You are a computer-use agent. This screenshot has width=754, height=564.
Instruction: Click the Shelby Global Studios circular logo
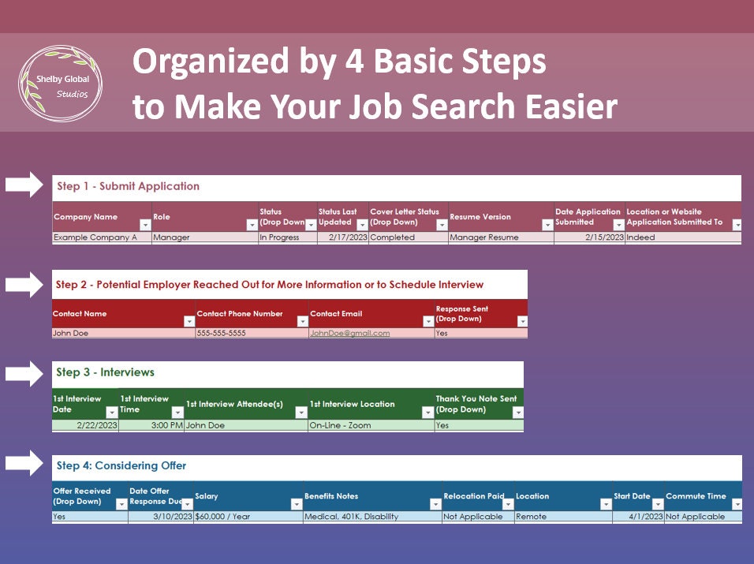[x=60, y=84]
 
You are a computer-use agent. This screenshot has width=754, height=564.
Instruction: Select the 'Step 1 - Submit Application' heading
[x=128, y=187]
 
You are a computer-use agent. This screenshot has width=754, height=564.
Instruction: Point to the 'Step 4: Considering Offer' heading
[x=121, y=466]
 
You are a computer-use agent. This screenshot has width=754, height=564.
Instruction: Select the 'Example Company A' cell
[x=95, y=237]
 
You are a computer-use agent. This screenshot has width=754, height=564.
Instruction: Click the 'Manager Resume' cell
[x=484, y=237]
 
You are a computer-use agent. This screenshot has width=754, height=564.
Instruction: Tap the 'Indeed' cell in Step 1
[x=640, y=237]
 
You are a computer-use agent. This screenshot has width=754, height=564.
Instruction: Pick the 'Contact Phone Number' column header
[x=240, y=314]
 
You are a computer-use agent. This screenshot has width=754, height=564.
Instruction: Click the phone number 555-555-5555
[x=222, y=334]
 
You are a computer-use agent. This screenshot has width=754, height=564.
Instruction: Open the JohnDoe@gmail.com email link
[x=350, y=334]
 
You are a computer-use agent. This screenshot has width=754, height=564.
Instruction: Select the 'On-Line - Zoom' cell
[x=340, y=425]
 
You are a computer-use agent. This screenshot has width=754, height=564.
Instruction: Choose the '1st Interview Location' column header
[x=353, y=404]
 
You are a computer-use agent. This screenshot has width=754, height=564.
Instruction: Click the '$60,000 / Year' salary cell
[x=224, y=517]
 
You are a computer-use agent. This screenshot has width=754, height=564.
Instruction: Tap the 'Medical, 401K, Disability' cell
[x=351, y=517]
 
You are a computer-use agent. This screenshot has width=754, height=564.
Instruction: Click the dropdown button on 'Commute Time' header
[x=737, y=504]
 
